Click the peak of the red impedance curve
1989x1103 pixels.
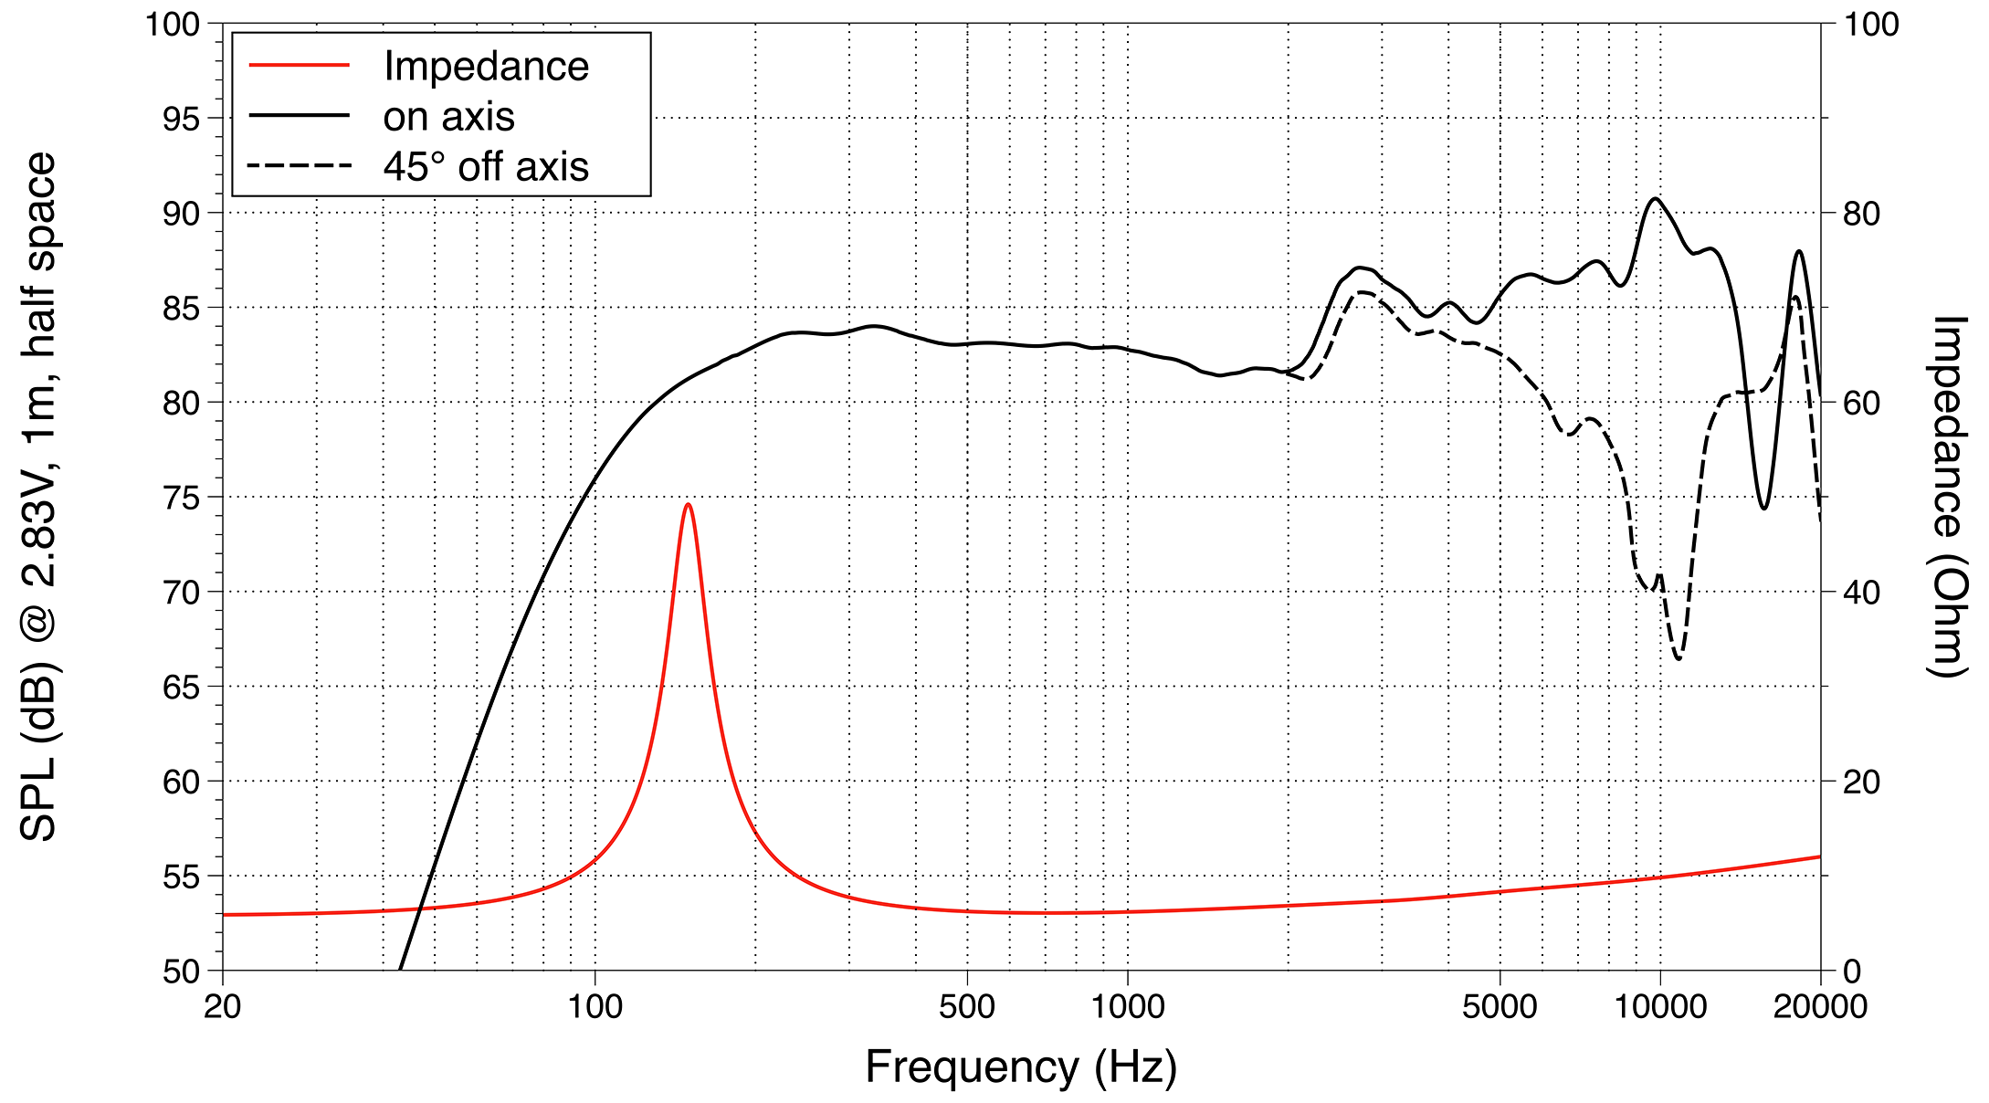(x=688, y=504)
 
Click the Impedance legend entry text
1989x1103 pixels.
(x=486, y=67)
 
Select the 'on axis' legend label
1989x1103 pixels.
(x=448, y=117)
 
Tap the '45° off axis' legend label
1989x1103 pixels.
(x=486, y=167)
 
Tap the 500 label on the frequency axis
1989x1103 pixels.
(x=966, y=1007)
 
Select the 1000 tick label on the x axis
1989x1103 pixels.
(x=1127, y=1007)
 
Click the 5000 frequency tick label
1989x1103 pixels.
(x=1500, y=1007)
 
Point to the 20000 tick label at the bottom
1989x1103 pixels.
(x=1820, y=1007)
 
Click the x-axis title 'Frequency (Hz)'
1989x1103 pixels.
(x=1021, y=1066)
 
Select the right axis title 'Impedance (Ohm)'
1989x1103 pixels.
(x=1947, y=497)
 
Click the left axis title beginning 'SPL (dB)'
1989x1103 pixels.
(x=38, y=497)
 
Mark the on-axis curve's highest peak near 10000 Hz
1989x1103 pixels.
(x=1655, y=198)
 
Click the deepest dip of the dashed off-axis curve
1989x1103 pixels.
(x=1679, y=657)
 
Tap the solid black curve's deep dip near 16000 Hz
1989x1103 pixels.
(x=1763, y=508)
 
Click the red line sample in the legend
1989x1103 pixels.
(x=300, y=66)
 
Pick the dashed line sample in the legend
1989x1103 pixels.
(x=300, y=166)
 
